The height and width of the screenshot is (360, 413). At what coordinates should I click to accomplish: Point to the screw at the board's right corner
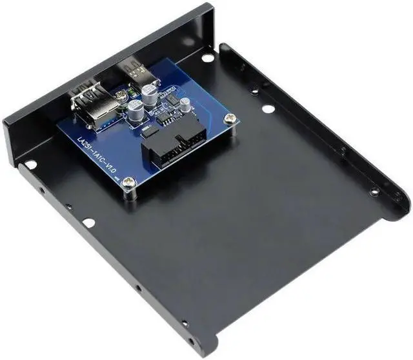tap(230, 119)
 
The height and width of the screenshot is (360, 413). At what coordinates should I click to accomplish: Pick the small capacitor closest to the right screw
tap(185, 104)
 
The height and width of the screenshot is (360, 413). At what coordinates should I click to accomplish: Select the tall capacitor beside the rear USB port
tap(150, 89)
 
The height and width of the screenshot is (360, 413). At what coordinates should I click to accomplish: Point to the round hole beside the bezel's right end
tap(207, 57)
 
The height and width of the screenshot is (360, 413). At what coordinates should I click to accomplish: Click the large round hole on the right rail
tap(268, 108)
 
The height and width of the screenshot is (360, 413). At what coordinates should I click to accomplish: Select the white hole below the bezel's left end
tap(30, 165)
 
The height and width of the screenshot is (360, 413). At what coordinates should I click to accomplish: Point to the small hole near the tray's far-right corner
tap(374, 191)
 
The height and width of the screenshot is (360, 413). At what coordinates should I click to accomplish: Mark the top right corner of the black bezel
tap(210, 6)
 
